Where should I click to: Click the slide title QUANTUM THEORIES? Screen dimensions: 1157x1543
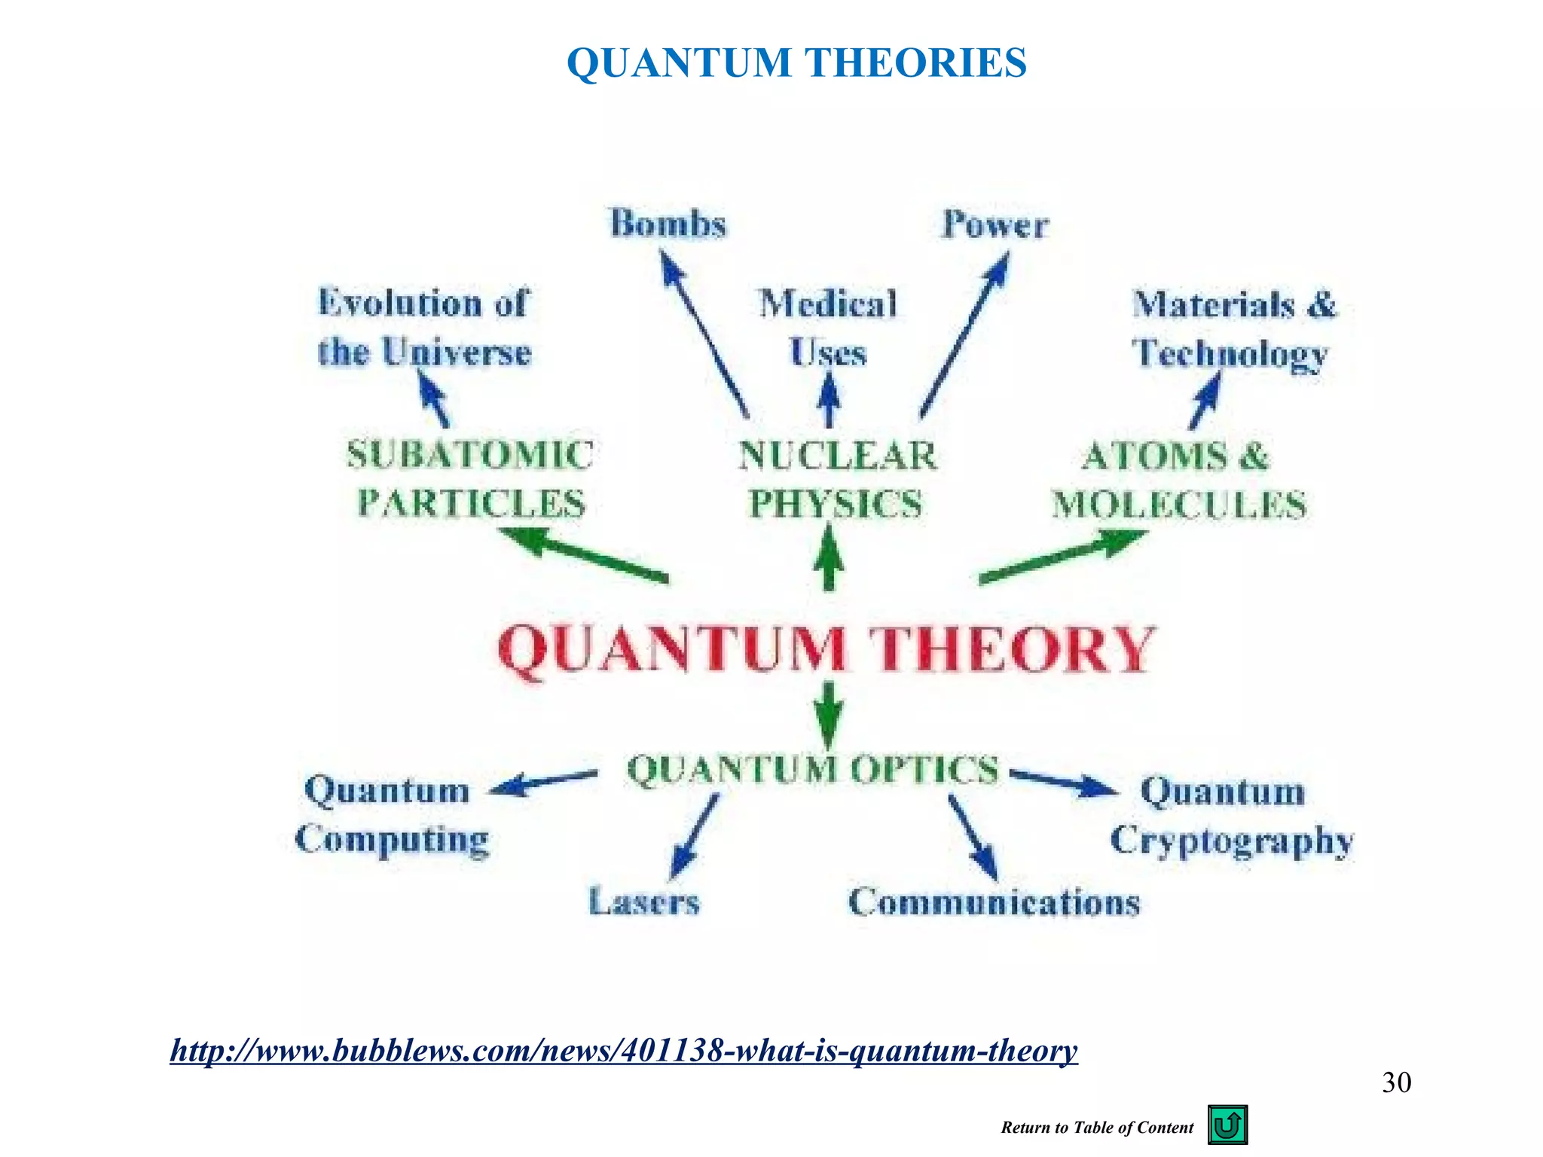[x=796, y=63]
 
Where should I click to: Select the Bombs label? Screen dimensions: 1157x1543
[x=668, y=224]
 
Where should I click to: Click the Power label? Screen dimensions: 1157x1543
[x=995, y=224]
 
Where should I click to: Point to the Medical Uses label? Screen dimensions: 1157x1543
[x=828, y=328]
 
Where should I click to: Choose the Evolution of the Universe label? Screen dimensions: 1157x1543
[x=424, y=328]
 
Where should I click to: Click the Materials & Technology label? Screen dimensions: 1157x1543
[x=1233, y=329]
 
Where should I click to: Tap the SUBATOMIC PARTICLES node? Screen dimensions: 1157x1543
[x=470, y=479]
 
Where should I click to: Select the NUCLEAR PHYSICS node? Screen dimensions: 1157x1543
[x=837, y=480]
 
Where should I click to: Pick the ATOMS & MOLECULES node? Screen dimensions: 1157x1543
[x=1178, y=481]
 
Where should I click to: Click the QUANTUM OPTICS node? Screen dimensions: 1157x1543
[x=813, y=770]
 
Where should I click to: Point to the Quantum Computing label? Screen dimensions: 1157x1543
[x=390, y=814]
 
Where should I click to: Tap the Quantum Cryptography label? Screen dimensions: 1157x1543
[x=1231, y=816]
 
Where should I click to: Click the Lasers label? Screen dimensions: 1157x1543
[x=644, y=901]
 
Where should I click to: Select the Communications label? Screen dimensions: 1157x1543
[x=995, y=902]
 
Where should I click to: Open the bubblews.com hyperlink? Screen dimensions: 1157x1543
[x=624, y=1050]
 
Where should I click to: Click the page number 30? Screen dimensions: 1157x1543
[x=1396, y=1082]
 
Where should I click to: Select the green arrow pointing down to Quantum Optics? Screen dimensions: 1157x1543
[x=829, y=714]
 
